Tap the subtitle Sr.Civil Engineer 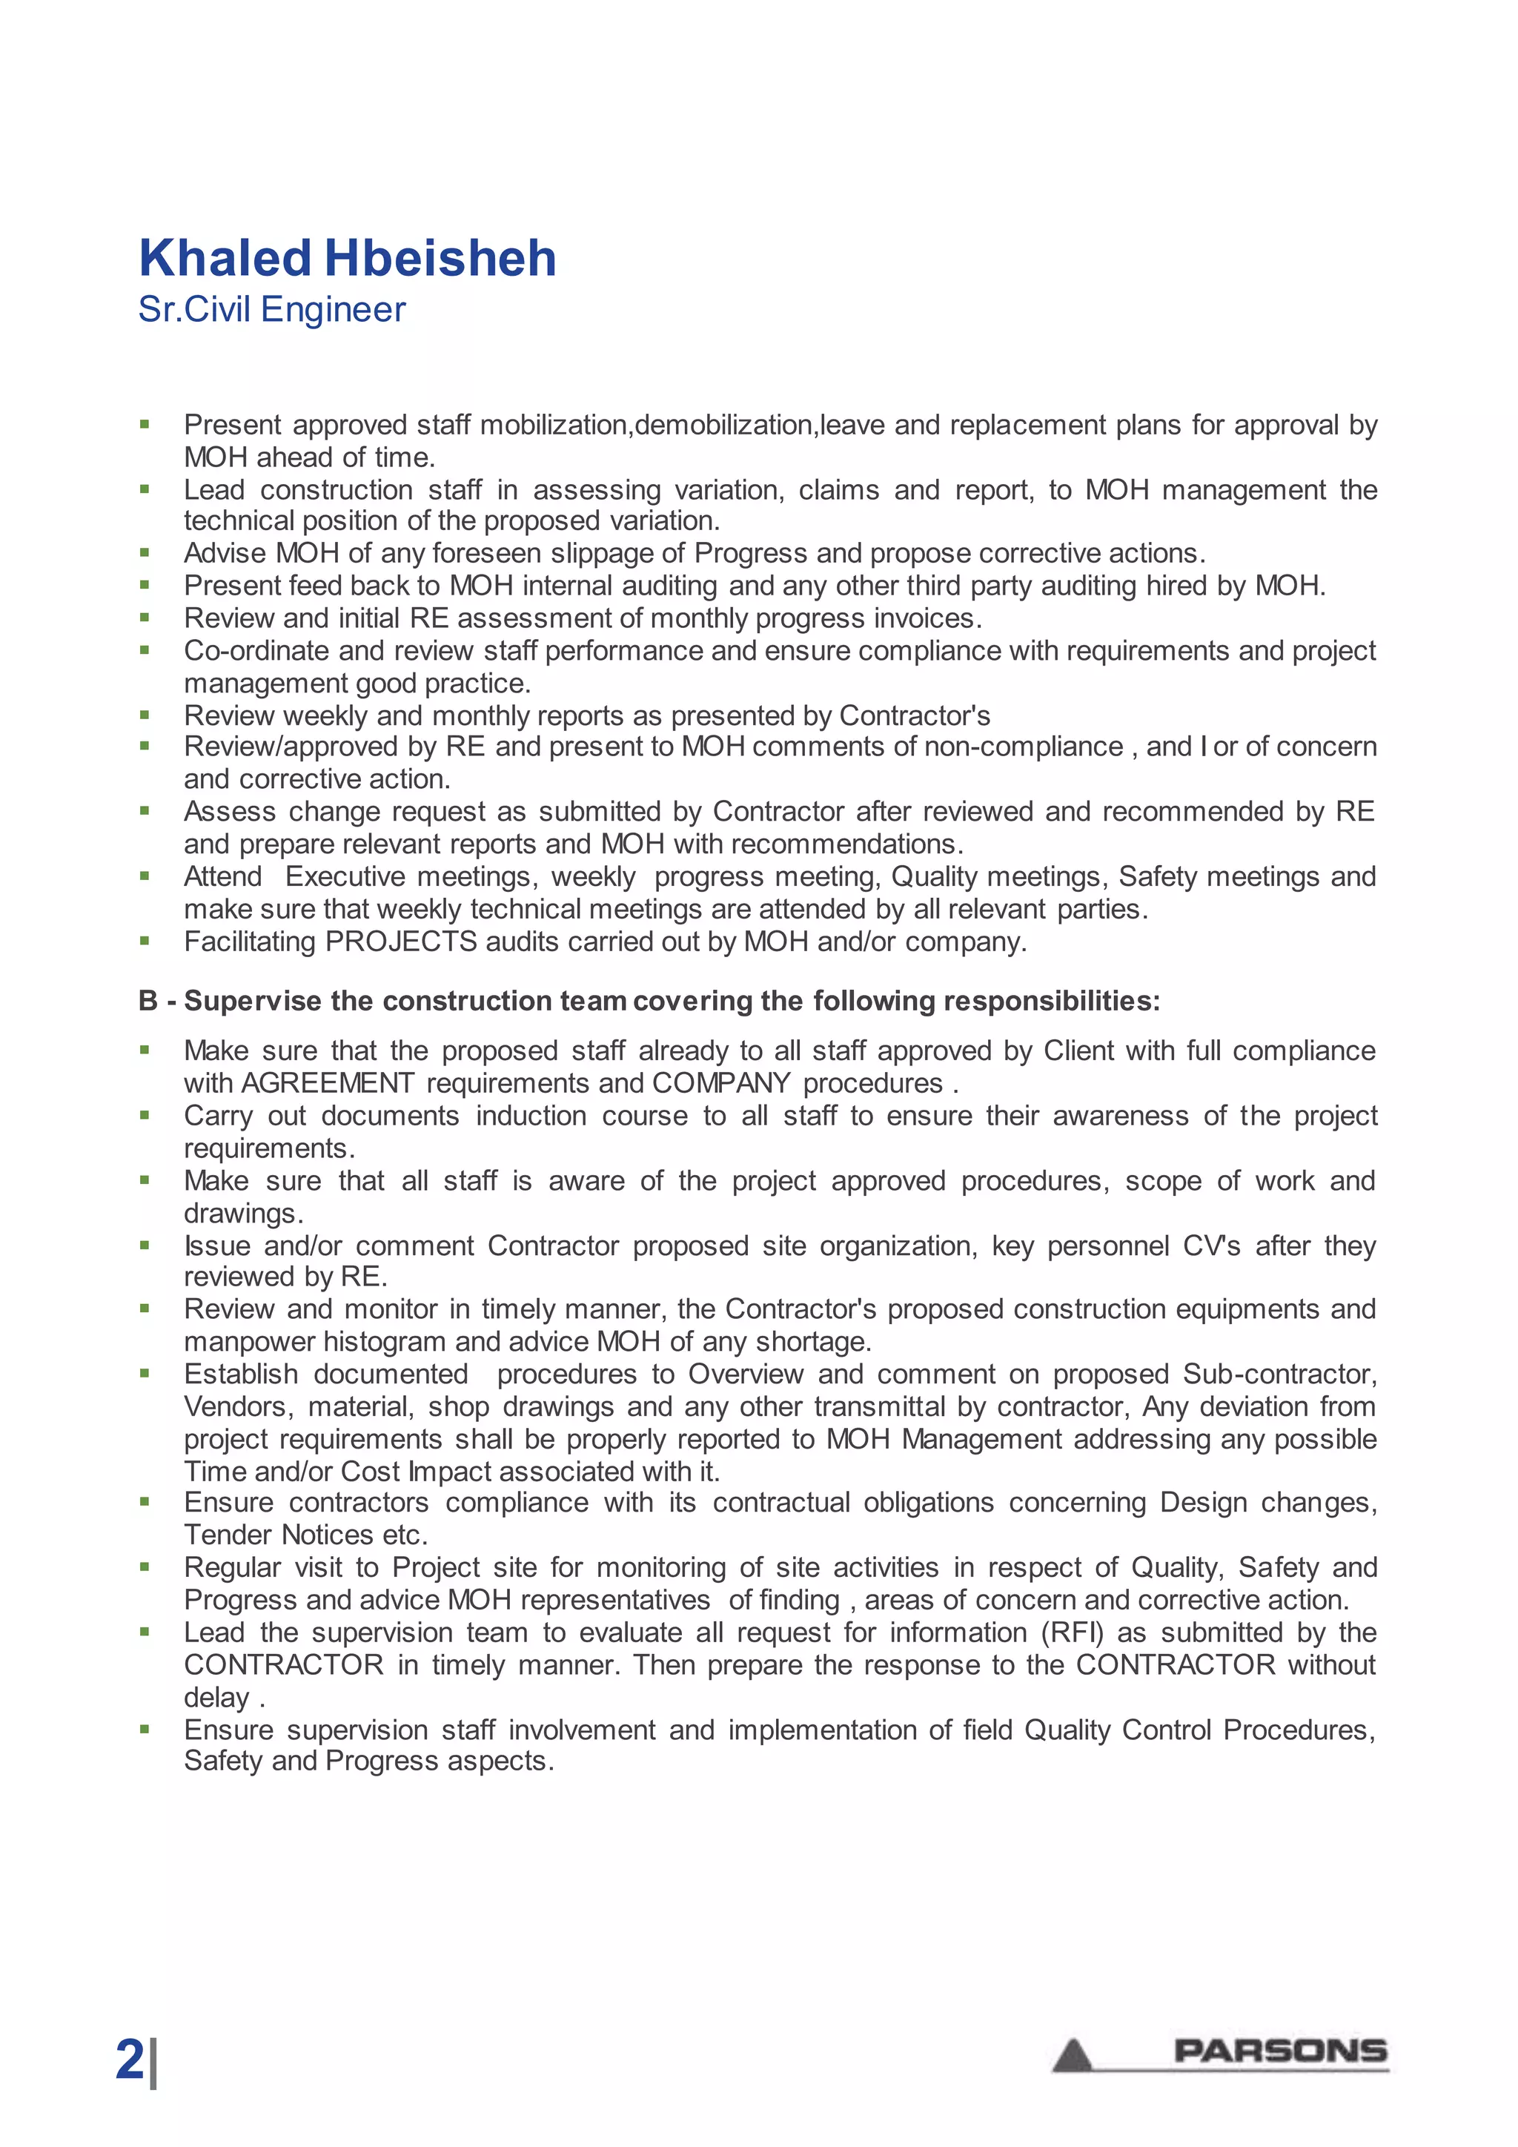272,309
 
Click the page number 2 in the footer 130,2059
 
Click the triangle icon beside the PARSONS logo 1073,2055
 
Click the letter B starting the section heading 148,1002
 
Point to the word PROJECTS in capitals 401,942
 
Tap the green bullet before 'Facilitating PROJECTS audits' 145,941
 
